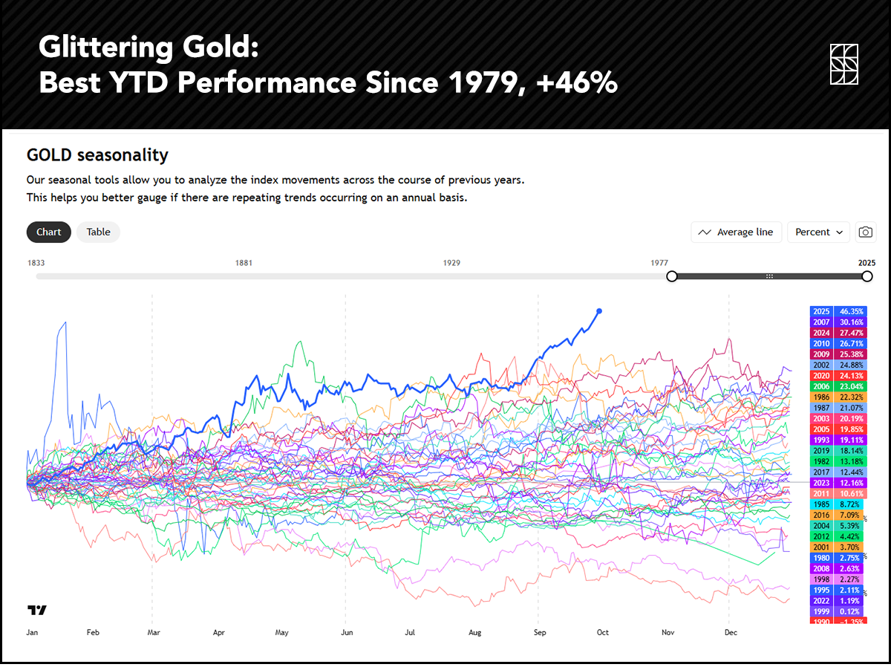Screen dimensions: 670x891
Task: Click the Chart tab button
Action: click(x=49, y=232)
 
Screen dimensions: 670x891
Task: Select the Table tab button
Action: click(x=98, y=232)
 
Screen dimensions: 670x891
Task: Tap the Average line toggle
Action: click(x=736, y=232)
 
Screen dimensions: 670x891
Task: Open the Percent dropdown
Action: click(x=819, y=232)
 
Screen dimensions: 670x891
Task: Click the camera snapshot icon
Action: click(x=866, y=232)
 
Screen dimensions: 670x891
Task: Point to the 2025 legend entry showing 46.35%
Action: click(x=838, y=312)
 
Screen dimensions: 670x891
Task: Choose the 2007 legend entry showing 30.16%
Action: click(x=838, y=322)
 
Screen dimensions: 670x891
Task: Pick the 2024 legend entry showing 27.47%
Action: click(x=838, y=334)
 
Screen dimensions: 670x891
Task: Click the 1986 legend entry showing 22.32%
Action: click(x=838, y=397)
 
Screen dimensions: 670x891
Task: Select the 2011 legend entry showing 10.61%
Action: click(x=838, y=494)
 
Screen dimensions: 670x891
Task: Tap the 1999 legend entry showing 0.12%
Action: click(x=838, y=611)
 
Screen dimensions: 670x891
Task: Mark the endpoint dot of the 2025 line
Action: click(x=599, y=311)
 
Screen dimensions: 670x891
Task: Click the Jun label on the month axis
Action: click(x=345, y=633)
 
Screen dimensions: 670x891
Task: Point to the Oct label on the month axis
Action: click(x=602, y=633)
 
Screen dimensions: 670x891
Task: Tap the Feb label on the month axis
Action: click(x=93, y=633)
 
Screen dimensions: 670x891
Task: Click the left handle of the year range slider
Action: click(x=672, y=276)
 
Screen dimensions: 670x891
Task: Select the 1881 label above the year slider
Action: click(x=244, y=263)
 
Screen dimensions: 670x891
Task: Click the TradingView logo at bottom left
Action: click(x=37, y=611)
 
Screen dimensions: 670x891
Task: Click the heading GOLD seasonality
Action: click(x=97, y=155)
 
